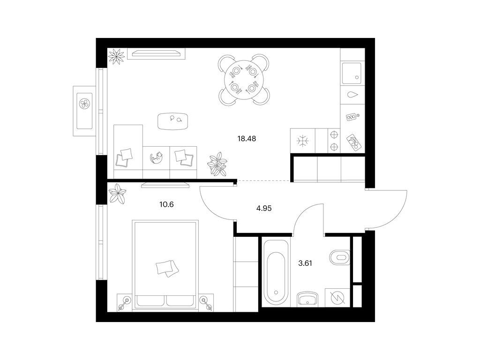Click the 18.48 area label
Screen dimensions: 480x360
pyautogui.click(x=247, y=139)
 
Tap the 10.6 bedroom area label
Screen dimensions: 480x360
pyautogui.click(x=166, y=204)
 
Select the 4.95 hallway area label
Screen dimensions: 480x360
pyautogui.click(x=264, y=209)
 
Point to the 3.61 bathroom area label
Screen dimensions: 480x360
pyautogui.click(x=305, y=263)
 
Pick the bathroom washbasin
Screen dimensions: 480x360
pyautogui.click(x=307, y=299)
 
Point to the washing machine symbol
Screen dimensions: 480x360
pyautogui.click(x=337, y=298)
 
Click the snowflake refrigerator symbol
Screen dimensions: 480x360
pyautogui.click(x=303, y=141)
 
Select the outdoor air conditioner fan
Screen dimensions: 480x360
pyautogui.click(x=84, y=104)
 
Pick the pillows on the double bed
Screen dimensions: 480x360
pyautogui.click(x=167, y=268)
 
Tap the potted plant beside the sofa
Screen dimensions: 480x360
pyautogui.click(x=217, y=164)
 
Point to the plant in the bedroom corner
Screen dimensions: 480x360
pyautogui.click(x=117, y=194)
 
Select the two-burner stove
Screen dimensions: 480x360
pyautogui.click(x=334, y=141)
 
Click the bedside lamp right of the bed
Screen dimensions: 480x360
pyautogui.click(x=205, y=302)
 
